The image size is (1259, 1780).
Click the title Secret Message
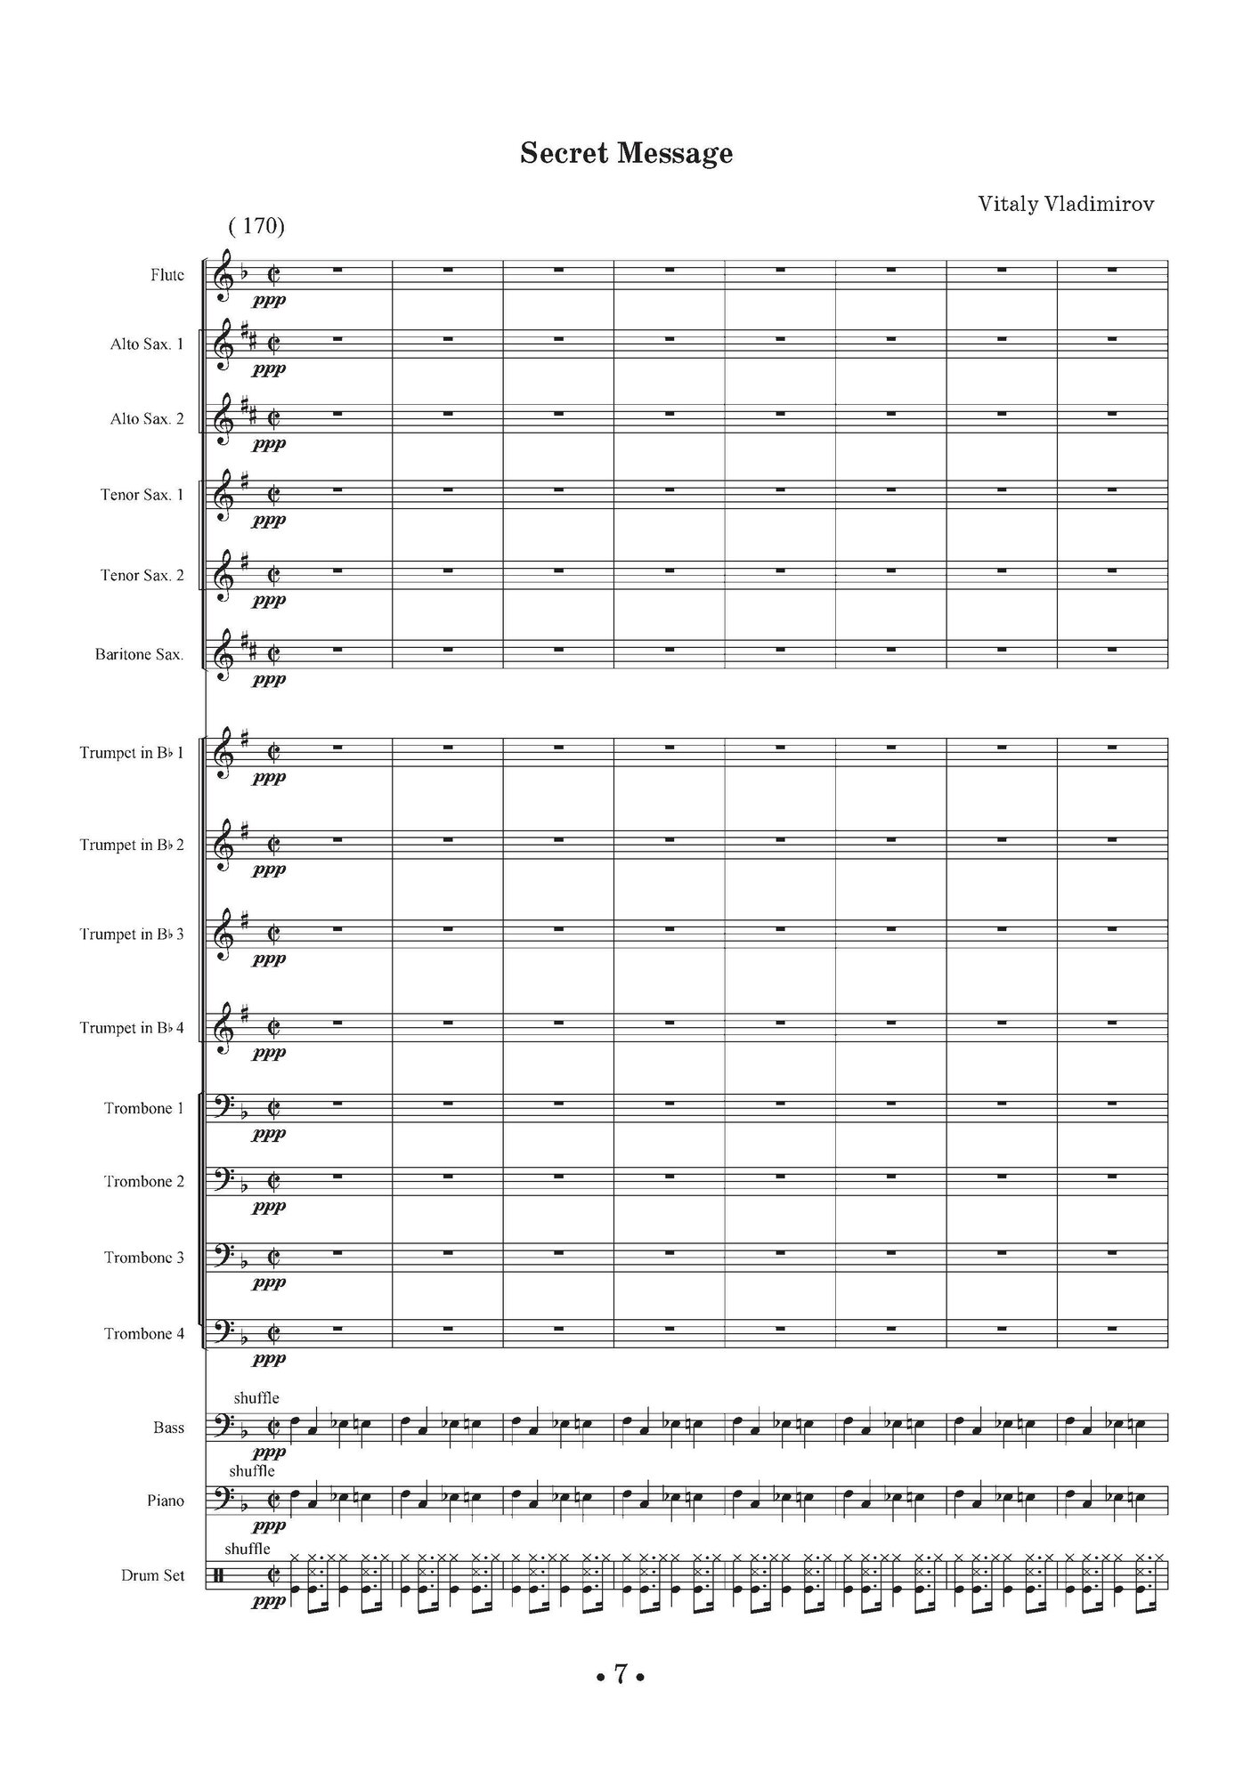[626, 154]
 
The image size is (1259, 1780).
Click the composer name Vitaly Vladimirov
[1066, 204]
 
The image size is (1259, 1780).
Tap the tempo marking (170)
[256, 226]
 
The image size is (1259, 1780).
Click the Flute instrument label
[167, 275]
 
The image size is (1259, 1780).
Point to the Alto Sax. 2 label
[147, 418]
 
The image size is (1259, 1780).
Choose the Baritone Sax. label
[140, 655]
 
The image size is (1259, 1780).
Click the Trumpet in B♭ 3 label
[132, 934]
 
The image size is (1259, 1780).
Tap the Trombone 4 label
[144, 1333]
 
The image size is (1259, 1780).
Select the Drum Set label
[152, 1575]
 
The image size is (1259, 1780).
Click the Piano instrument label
[166, 1501]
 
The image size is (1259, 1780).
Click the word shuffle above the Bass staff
[256, 1398]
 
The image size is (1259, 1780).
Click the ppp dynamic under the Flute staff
[269, 301]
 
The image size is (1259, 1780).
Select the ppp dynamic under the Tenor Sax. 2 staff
[269, 600]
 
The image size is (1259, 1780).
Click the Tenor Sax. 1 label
[142, 495]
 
